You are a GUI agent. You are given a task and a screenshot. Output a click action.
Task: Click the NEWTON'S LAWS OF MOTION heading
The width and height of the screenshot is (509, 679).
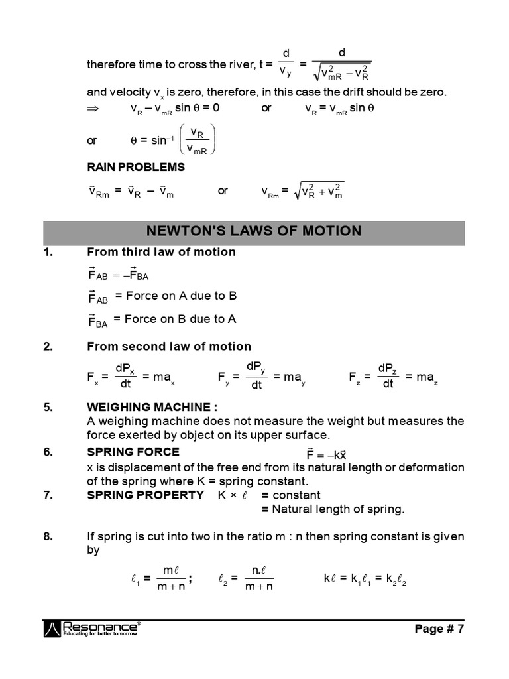coord(254,231)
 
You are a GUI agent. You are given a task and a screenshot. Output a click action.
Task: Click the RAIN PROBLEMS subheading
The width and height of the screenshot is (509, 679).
coord(136,167)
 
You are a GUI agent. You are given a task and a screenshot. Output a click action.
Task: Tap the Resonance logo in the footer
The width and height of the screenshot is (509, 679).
coord(92,629)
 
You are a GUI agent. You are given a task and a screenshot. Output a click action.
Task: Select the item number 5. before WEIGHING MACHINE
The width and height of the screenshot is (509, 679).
coord(48,407)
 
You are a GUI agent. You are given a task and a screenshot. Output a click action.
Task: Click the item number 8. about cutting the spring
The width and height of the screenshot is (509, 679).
coord(48,536)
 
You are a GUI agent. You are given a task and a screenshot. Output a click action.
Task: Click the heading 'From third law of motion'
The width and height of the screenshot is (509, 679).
coord(161,252)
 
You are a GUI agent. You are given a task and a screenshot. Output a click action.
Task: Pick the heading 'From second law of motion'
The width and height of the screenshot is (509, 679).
coord(169,346)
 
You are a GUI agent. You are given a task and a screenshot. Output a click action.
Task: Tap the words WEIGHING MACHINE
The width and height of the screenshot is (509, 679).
coord(151,407)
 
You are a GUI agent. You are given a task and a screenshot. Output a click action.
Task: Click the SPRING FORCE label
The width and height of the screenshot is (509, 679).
coord(133,452)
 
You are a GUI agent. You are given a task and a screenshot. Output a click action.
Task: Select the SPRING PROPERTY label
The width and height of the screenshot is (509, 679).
coord(145,495)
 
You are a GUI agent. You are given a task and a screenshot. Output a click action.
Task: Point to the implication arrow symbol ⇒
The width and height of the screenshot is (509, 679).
coord(92,108)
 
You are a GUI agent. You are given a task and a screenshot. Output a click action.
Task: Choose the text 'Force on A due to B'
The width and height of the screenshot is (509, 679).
coord(181,296)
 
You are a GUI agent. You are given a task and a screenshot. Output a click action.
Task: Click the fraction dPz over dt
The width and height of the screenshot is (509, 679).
coord(388,376)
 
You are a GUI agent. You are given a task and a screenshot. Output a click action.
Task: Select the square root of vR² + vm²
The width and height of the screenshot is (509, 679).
coord(321,191)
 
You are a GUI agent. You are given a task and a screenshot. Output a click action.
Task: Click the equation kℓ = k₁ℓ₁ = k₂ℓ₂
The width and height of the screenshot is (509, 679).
coord(365,578)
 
